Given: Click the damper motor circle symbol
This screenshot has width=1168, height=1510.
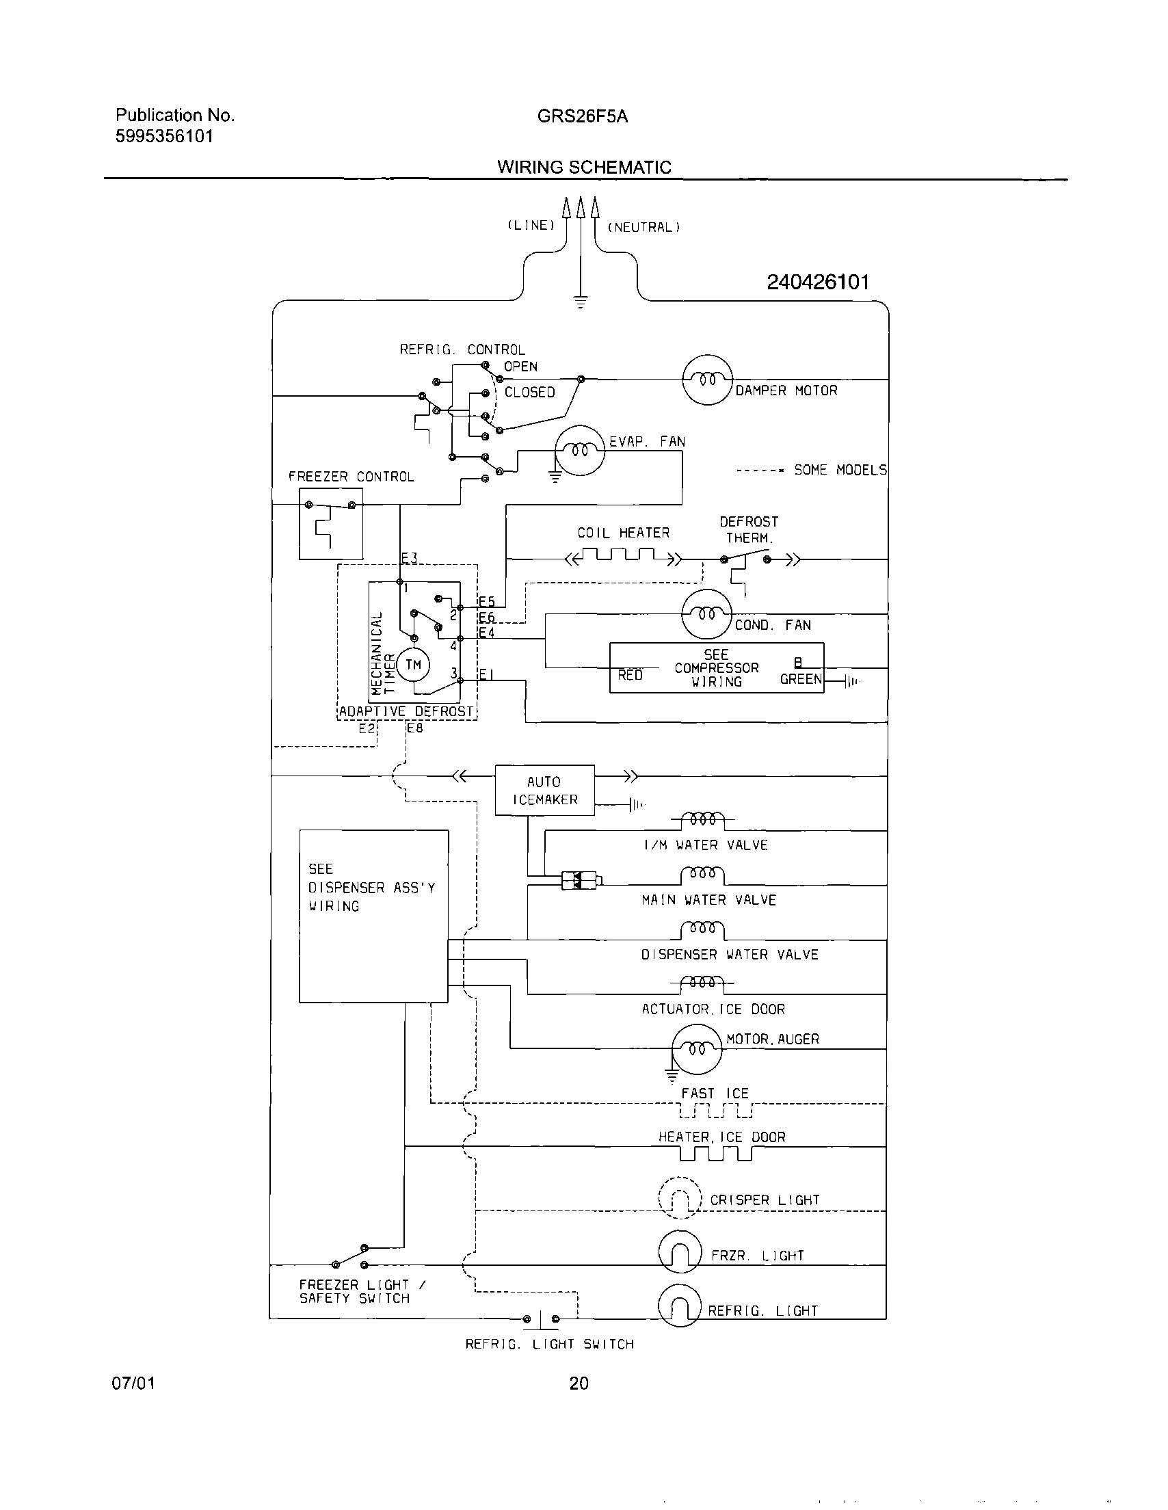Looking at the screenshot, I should (706, 380).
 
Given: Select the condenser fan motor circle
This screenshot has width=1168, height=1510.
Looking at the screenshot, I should (706, 614).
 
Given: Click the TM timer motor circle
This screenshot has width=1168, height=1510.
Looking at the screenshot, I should (414, 665).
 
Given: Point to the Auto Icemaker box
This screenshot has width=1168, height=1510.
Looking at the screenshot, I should (544, 791).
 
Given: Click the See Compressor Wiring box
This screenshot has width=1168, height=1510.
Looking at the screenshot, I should (717, 668).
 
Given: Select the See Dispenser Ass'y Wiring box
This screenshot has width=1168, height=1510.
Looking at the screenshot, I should (373, 916).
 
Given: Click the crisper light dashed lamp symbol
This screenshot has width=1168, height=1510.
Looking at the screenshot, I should (680, 1198).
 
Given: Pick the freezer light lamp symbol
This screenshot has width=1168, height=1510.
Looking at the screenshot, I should (680, 1252).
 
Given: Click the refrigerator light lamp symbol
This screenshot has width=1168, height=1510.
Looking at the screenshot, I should (680, 1306).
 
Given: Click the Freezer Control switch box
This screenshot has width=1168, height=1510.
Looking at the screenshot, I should (330, 524).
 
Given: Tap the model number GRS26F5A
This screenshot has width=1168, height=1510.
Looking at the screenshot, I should (582, 116).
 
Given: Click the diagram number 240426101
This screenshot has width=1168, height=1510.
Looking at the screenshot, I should (817, 282).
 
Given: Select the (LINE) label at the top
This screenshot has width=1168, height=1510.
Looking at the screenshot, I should (531, 226).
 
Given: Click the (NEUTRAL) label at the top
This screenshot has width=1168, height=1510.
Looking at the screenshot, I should (643, 227).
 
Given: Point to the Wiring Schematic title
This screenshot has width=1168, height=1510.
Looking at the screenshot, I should (583, 168).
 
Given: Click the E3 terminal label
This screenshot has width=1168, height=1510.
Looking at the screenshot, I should (410, 557).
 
